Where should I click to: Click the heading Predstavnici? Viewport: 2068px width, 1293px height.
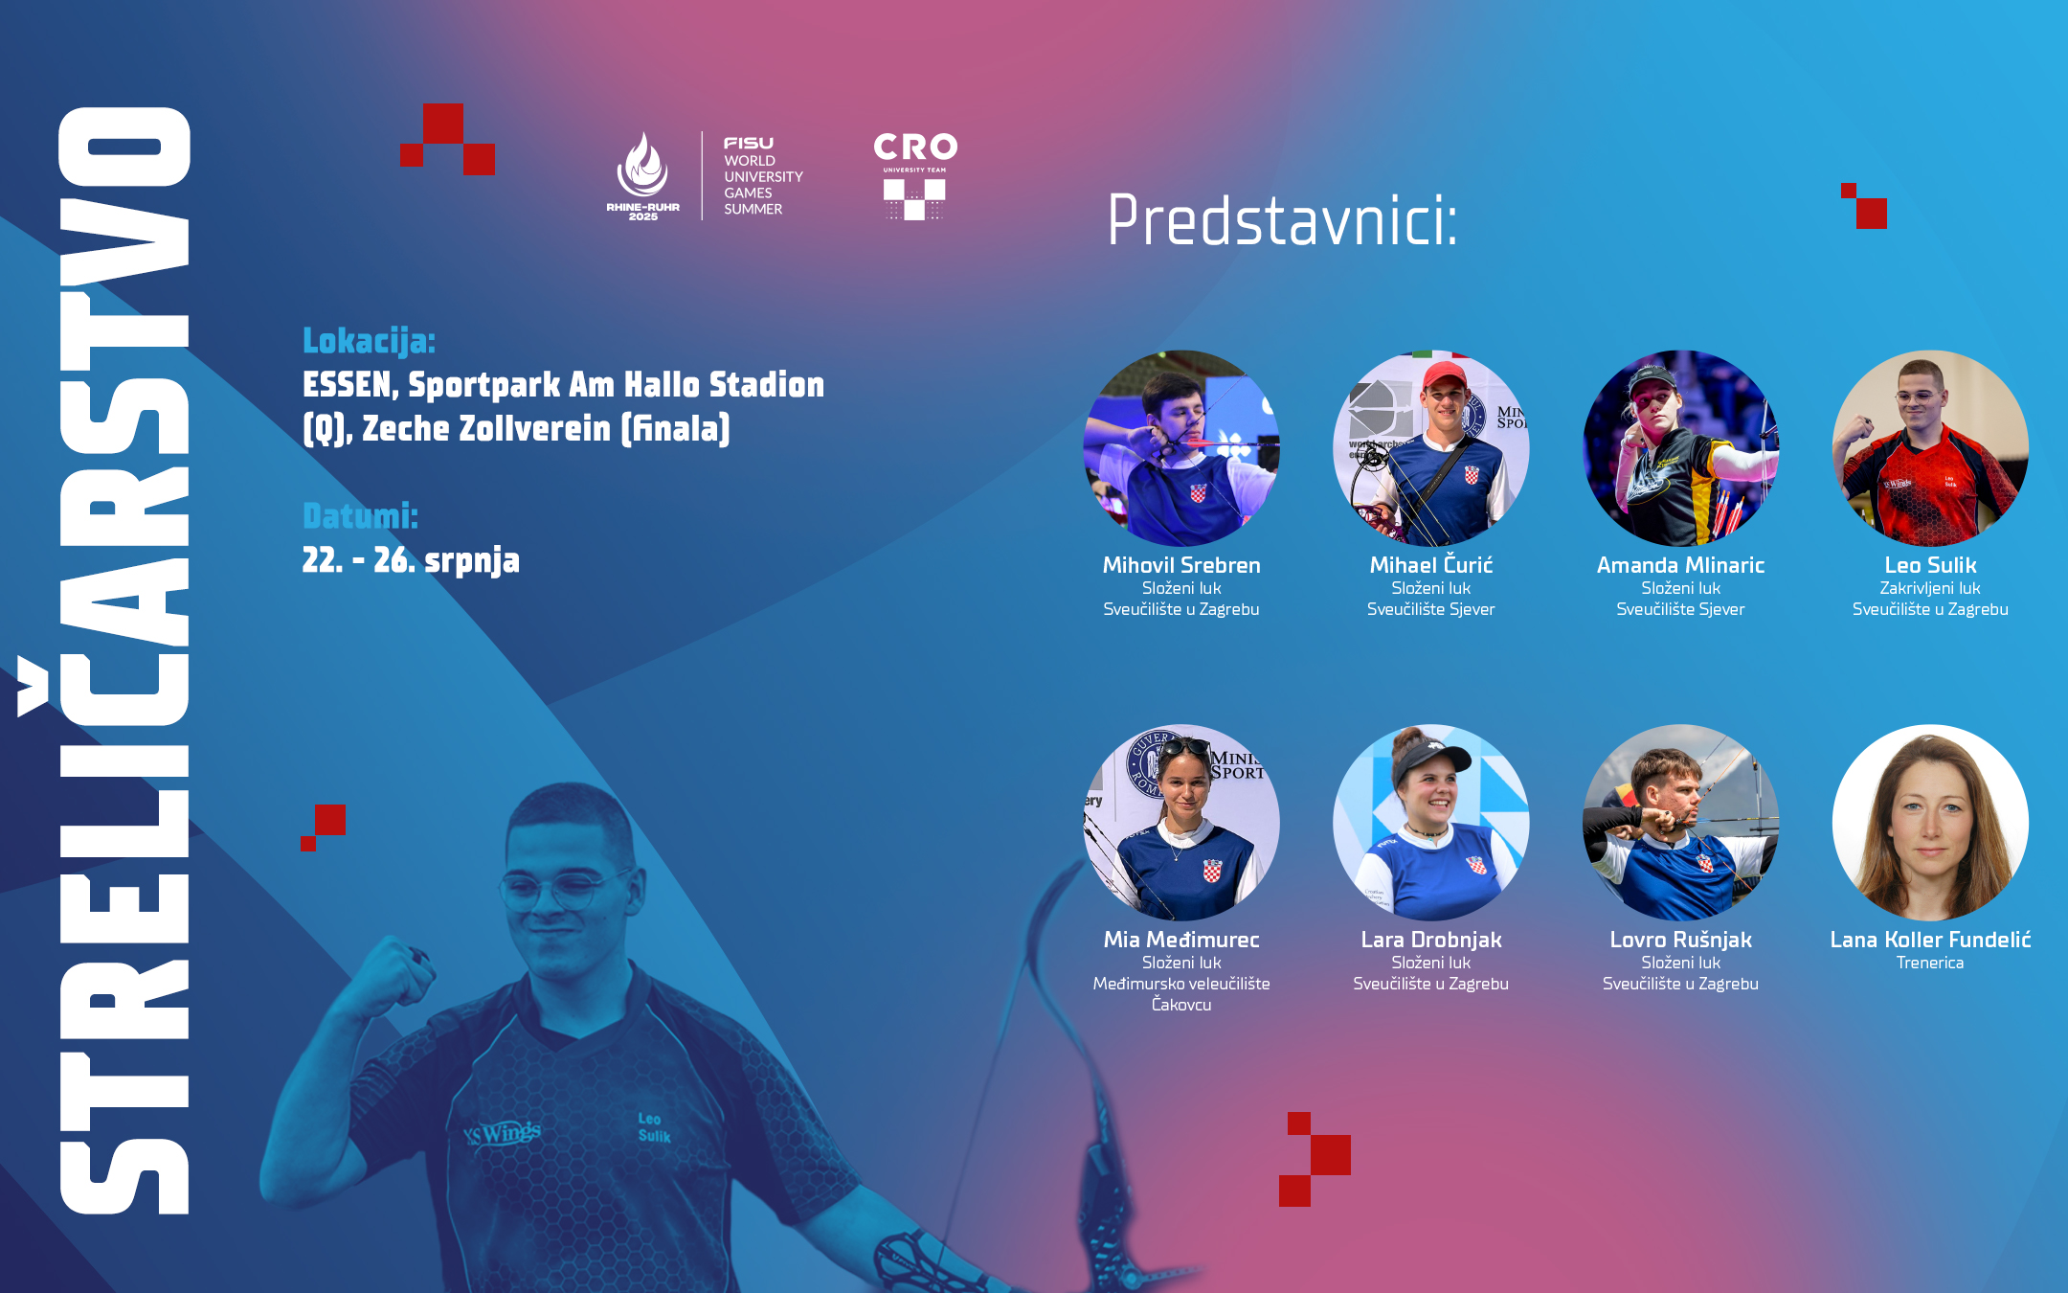click(1282, 220)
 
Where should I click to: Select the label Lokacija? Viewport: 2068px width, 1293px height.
click(369, 341)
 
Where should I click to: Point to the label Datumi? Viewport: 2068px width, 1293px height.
click(360, 516)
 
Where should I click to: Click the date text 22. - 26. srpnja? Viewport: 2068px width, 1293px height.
click(411, 560)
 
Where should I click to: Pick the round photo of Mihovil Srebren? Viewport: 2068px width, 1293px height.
click(1181, 448)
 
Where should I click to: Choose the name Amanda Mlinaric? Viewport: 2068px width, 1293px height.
click(1680, 565)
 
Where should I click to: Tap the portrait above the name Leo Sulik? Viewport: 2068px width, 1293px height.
click(1930, 448)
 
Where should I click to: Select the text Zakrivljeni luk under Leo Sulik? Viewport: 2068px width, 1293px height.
click(1930, 588)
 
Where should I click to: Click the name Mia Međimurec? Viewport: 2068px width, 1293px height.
click(1181, 940)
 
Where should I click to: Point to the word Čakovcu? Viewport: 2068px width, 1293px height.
click(1181, 1005)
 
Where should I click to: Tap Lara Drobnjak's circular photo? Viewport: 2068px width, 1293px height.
click(1431, 823)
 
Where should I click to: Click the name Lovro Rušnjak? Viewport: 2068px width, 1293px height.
click(1680, 940)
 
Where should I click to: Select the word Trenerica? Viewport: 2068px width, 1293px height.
click(1930, 963)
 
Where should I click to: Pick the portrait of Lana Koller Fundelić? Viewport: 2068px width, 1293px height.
click(1930, 823)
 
